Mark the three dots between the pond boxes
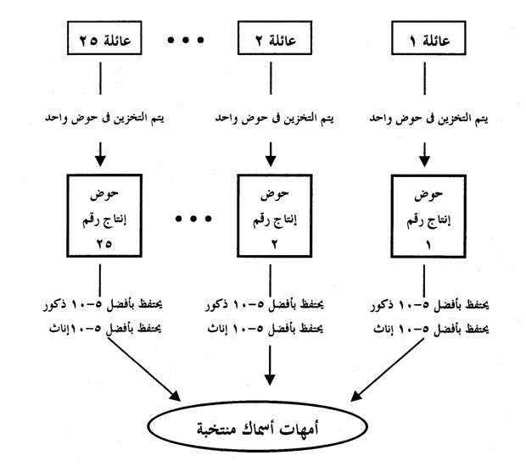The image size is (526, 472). pyautogui.click(x=193, y=219)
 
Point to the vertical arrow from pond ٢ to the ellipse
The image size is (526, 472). pyautogui.click(x=271, y=364)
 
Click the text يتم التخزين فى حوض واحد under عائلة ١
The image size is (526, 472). pyautogui.click(x=425, y=119)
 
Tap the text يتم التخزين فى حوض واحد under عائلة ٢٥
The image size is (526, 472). pyautogui.click(x=104, y=119)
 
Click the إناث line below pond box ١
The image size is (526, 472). pyautogui.click(x=424, y=325)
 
